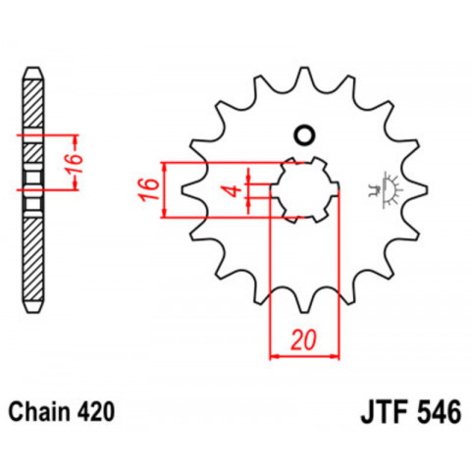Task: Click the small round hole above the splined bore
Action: tap(303, 135)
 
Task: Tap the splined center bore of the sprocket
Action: tap(303, 188)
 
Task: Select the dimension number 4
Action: tap(232, 188)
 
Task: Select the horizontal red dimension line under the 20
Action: tap(303, 355)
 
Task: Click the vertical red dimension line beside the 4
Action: tap(252, 188)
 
